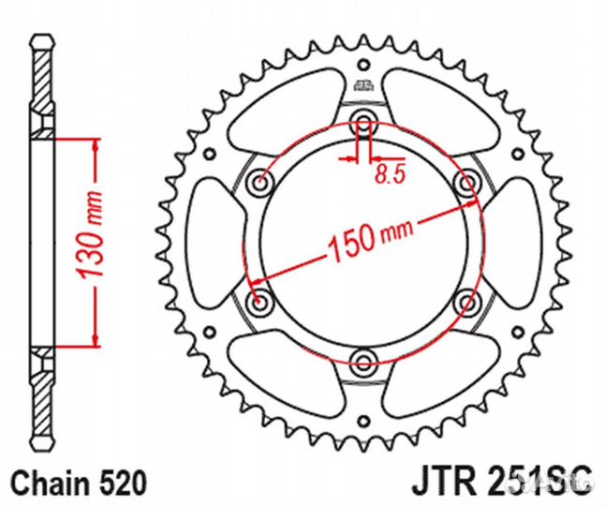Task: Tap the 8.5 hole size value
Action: tap(386, 171)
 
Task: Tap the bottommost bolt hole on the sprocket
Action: tap(363, 359)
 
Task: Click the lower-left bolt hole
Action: tap(260, 300)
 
